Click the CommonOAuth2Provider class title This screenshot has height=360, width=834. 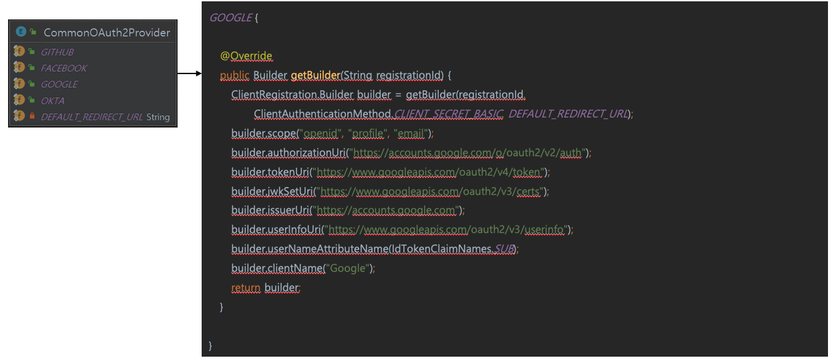(106, 32)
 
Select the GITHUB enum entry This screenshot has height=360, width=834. (57, 52)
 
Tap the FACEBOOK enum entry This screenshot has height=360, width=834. (63, 68)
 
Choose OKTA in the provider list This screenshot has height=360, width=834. (52, 101)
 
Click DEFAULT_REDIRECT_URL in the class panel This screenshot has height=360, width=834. (91, 117)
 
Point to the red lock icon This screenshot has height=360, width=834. (32, 116)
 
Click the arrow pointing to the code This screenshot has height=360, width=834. (190, 74)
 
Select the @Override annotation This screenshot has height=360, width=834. (246, 56)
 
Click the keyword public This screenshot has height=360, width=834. (234, 75)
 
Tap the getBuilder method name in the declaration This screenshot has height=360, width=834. (315, 75)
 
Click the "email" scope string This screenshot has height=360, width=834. (410, 134)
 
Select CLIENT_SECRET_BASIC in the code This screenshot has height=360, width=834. (448, 114)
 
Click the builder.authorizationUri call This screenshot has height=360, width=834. (289, 153)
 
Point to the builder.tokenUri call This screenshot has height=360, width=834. (270, 172)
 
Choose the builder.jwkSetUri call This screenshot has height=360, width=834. (273, 192)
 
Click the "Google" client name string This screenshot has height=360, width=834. (348, 268)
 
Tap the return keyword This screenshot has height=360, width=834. (245, 288)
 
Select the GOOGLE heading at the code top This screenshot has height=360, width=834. (230, 18)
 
